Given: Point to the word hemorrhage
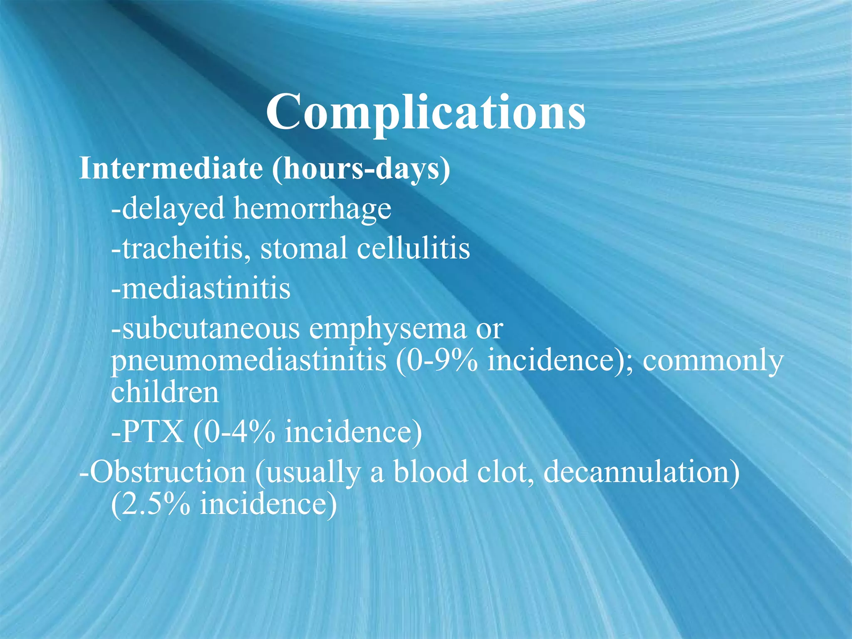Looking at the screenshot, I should (x=312, y=208).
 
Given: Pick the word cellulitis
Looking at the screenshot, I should (x=414, y=248).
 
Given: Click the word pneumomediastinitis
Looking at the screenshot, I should (x=248, y=360).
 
